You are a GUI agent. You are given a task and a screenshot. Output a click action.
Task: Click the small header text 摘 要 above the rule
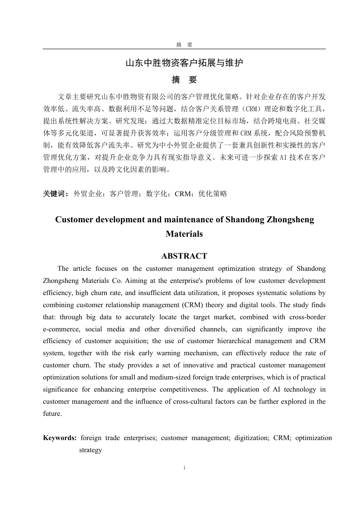(x=184, y=45)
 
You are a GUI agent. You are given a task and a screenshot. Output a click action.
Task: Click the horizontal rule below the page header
(x=184, y=49)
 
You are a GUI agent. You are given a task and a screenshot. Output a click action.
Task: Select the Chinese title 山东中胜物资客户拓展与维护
(x=184, y=63)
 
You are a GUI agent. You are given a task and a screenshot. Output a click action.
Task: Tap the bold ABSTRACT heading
(x=184, y=256)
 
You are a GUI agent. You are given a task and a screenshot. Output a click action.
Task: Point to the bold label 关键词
(x=55, y=194)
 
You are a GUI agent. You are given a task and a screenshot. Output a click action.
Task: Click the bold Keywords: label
(x=60, y=438)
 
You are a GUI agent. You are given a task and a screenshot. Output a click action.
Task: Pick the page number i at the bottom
(x=184, y=468)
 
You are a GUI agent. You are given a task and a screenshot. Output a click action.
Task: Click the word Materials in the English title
(x=184, y=234)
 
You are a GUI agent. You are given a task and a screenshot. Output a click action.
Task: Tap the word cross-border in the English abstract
(x=307, y=317)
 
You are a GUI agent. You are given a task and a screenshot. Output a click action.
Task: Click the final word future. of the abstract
(x=52, y=414)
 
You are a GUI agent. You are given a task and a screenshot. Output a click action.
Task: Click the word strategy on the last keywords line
(x=91, y=450)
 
